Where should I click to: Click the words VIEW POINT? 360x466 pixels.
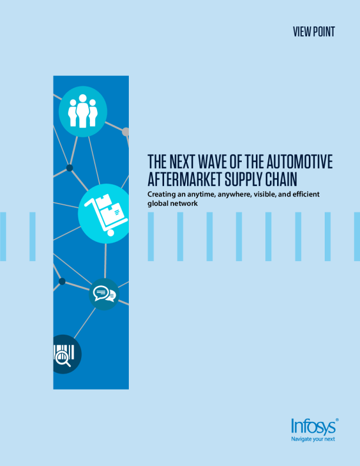[314, 32]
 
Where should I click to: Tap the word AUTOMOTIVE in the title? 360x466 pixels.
[299, 161]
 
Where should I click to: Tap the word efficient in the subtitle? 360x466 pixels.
[306, 194]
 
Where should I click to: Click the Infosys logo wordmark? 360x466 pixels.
[313, 427]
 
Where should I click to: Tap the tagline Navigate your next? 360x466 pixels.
[313, 440]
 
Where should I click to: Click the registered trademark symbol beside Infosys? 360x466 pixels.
[337, 420]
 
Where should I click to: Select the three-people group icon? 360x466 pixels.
[82, 111]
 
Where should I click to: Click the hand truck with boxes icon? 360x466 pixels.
[106, 215]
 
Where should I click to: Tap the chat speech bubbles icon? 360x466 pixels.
[104, 294]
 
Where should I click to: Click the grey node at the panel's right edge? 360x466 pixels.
[126, 132]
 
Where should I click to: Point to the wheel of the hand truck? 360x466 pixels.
[111, 233]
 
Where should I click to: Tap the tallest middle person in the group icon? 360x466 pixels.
[82, 111]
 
